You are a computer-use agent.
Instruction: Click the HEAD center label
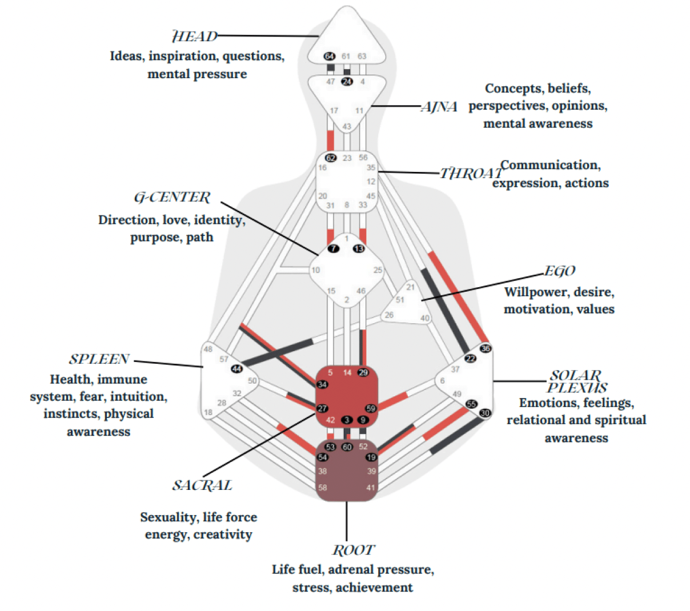(x=195, y=37)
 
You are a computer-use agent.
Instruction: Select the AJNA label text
(x=439, y=107)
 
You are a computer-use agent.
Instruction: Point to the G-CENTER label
(x=172, y=198)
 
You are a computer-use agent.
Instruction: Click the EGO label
(x=559, y=271)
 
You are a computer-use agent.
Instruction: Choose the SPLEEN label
(x=99, y=359)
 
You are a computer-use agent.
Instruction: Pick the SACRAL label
(x=202, y=485)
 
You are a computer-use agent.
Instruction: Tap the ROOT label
(x=354, y=550)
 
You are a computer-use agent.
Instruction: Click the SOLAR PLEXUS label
(x=575, y=381)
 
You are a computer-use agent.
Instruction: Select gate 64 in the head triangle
(x=330, y=56)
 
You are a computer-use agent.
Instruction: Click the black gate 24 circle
(x=347, y=81)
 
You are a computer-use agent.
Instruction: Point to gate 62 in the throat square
(x=331, y=158)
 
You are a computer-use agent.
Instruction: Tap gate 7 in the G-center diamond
(x=333, y=248)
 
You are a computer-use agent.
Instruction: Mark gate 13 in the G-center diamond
(x=359, y=248)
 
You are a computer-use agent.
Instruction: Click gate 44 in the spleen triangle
(x=236, y=368)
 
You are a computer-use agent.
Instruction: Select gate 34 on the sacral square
(x=323, y=384)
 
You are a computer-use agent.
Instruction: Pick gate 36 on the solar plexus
(x=486, y=348)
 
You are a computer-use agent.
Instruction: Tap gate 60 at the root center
(x=347, y=447)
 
